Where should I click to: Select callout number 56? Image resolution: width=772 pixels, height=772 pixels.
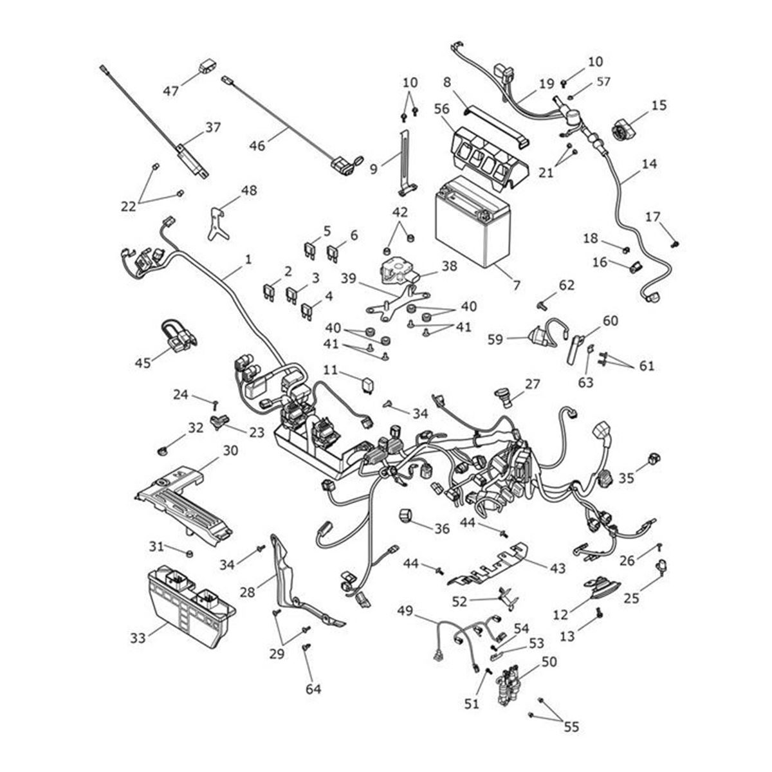[441, 109]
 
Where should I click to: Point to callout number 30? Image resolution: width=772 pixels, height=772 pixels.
[230, 450]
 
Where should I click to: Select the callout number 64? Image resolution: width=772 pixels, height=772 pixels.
[313, 690]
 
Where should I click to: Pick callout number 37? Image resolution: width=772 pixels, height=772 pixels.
[213, 128]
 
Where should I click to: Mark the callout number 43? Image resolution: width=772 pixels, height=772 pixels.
[557, 568]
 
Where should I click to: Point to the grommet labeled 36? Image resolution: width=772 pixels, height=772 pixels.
[409, 517]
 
